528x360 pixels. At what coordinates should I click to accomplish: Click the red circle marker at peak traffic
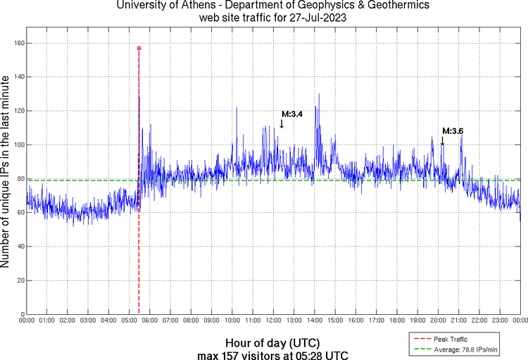(x=139, y=48)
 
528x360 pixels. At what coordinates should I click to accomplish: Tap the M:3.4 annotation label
(x=292, y=113)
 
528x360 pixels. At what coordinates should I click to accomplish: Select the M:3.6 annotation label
(x=453, y=131)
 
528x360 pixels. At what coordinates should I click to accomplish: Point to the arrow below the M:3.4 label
(x=282, y=123)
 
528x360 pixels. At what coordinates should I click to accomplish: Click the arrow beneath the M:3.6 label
(x=442, y=141)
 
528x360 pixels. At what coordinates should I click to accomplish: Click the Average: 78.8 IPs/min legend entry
(x=461, y=349)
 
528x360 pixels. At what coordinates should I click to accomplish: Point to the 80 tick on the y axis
(x=20, y=179)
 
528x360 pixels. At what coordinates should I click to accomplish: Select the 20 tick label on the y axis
(x=20, y=280)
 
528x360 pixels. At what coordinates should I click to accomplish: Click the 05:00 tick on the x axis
(x=130, y=320)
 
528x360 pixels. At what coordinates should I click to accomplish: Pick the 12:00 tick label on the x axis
(x=274, y=320)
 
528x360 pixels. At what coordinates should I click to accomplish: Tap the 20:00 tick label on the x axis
(x=438, y=320)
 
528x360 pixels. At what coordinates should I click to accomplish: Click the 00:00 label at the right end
(x=520, y=320)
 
